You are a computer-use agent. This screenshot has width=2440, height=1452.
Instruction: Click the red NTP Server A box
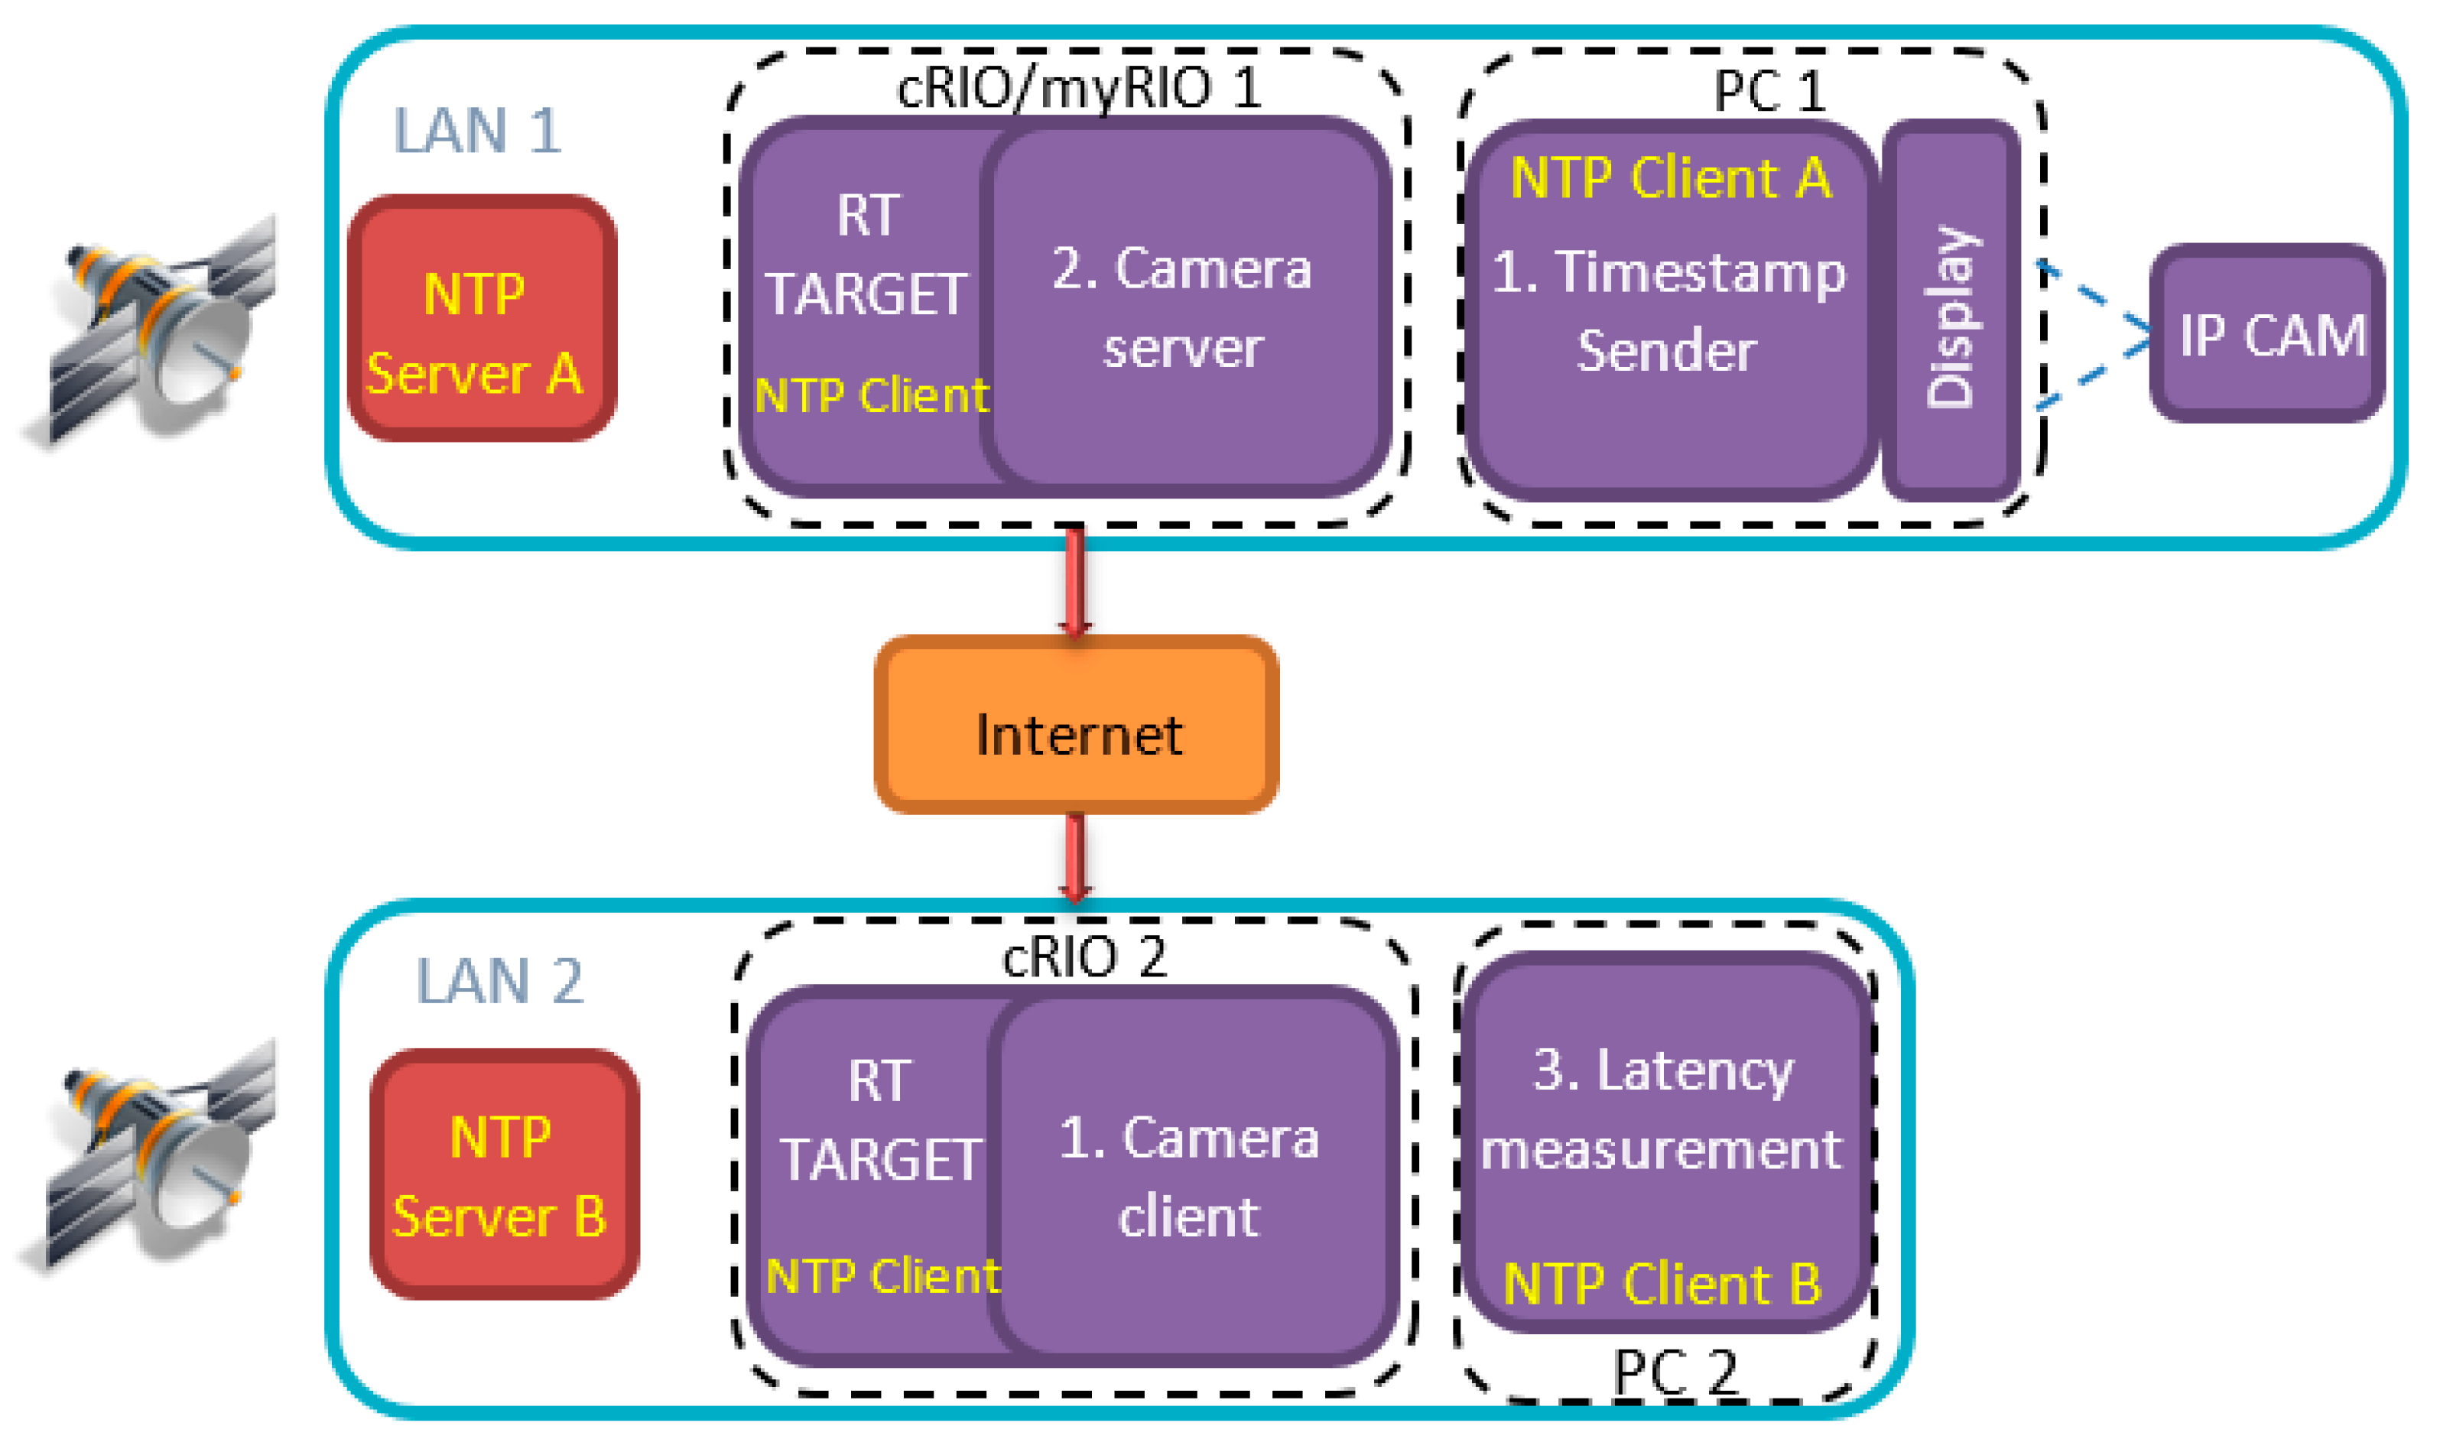(481, 317)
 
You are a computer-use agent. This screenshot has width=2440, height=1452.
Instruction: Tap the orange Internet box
(1075, 724)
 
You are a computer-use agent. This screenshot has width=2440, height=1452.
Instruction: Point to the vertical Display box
(1950, 311)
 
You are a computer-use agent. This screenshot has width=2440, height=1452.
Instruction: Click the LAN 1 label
(476, 130)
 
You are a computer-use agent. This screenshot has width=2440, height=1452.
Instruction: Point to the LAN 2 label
(499, 980)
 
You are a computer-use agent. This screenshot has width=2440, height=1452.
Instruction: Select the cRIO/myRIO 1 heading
(1078, 88)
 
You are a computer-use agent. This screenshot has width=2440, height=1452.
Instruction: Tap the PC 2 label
(1674, 1371)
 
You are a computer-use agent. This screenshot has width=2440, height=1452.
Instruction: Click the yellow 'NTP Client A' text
(1670, 178)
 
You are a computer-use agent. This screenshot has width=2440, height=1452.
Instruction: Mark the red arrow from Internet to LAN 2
(1074, 857)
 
